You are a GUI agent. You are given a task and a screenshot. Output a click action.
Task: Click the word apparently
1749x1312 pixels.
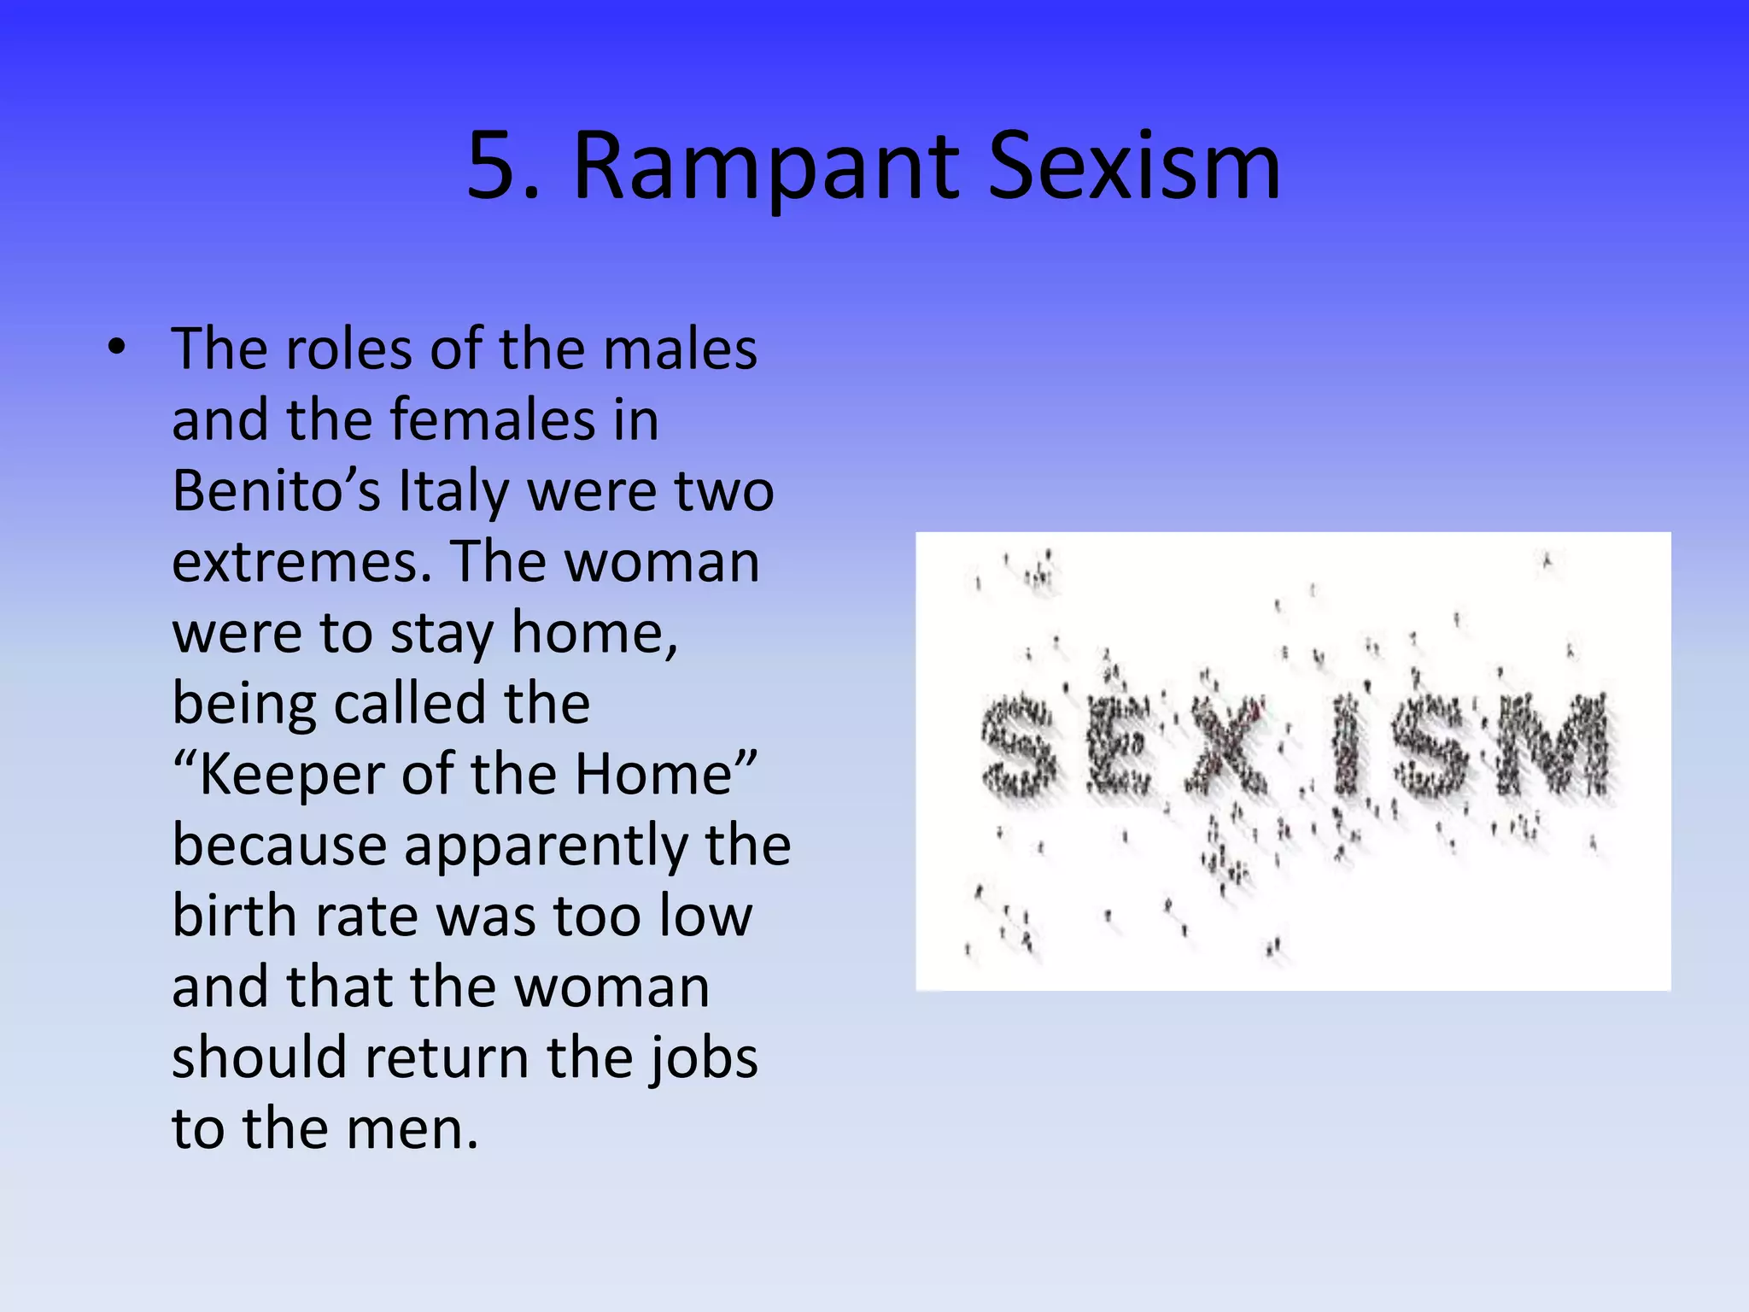(x=547, y=846)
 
